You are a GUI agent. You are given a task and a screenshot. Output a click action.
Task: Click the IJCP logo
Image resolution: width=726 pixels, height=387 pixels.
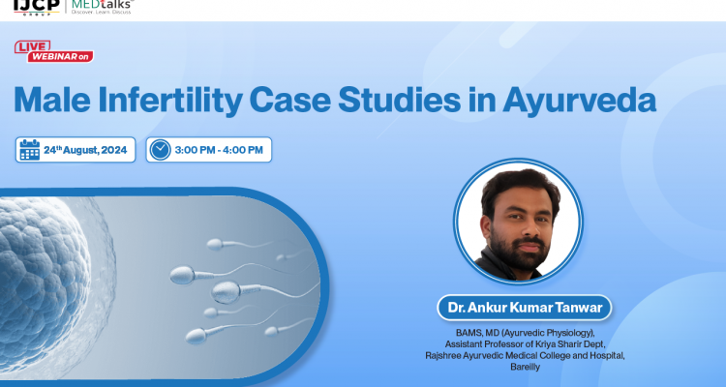[29, 7]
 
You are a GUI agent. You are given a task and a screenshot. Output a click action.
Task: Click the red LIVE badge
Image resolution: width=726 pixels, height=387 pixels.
[33, 46]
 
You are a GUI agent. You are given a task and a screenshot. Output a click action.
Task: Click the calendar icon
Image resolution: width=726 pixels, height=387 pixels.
[30, 150]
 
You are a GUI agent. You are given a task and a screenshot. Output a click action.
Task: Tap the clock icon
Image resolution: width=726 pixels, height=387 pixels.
[161, 150]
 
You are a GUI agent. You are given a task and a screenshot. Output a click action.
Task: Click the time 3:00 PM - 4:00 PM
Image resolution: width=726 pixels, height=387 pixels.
[222, 150]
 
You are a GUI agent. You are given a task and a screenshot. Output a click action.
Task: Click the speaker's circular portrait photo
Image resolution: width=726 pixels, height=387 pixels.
[518, 221]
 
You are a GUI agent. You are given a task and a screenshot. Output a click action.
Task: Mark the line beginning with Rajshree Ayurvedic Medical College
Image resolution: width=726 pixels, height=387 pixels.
[524, 356]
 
